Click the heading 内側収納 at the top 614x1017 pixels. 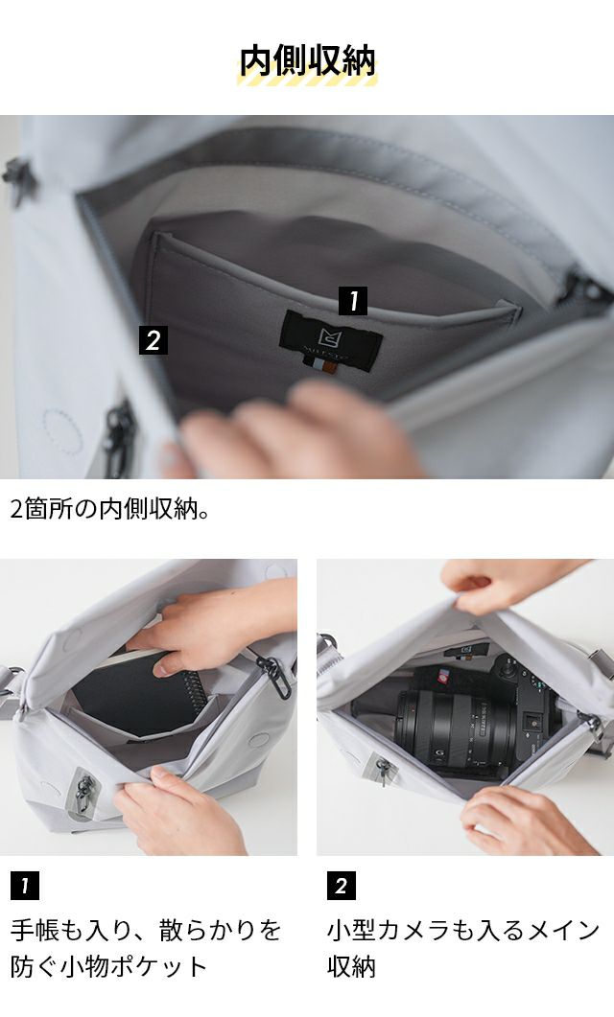307,61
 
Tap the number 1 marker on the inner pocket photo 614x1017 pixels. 352,301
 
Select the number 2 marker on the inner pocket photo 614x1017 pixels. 153,340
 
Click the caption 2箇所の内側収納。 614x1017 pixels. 110,509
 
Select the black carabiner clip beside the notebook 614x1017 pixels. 274,676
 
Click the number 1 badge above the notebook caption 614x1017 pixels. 25,886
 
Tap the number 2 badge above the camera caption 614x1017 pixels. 342,886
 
